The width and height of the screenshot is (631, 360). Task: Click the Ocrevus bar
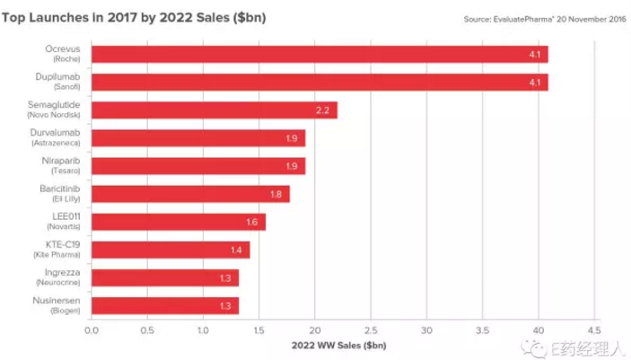pyautogui.click(x=320, y=55)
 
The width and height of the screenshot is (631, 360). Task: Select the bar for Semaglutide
pyautogui.click(x=215, y=110)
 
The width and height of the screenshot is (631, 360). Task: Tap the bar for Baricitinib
pyautogui.click(x=190, y=194)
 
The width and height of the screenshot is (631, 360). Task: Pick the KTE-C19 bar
pyautogui.click(x=171, y=250)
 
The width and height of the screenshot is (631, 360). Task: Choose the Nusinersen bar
pyautogui.click(x=165, y=305)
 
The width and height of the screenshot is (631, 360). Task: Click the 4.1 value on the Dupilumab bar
pyautogui.click(x=533, y=83)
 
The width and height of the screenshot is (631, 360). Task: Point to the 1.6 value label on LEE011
pyautogui.click(x=253, y=222)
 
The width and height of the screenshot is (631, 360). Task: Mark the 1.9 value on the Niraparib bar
pyautogui.click(x=293, y=166)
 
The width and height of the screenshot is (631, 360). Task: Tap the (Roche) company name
pyautogui.click(x=66, y=58)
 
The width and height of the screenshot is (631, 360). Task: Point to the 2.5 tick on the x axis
pyautogui.click(x=371, y=329)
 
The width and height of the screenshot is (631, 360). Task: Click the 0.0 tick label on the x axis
pyautogui.click(x=92, y=329)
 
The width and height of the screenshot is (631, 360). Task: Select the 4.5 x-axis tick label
pyautogui.click(x=594, y=329)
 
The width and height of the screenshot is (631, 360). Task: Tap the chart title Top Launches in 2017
pyautogui.click(x=135, y=17)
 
